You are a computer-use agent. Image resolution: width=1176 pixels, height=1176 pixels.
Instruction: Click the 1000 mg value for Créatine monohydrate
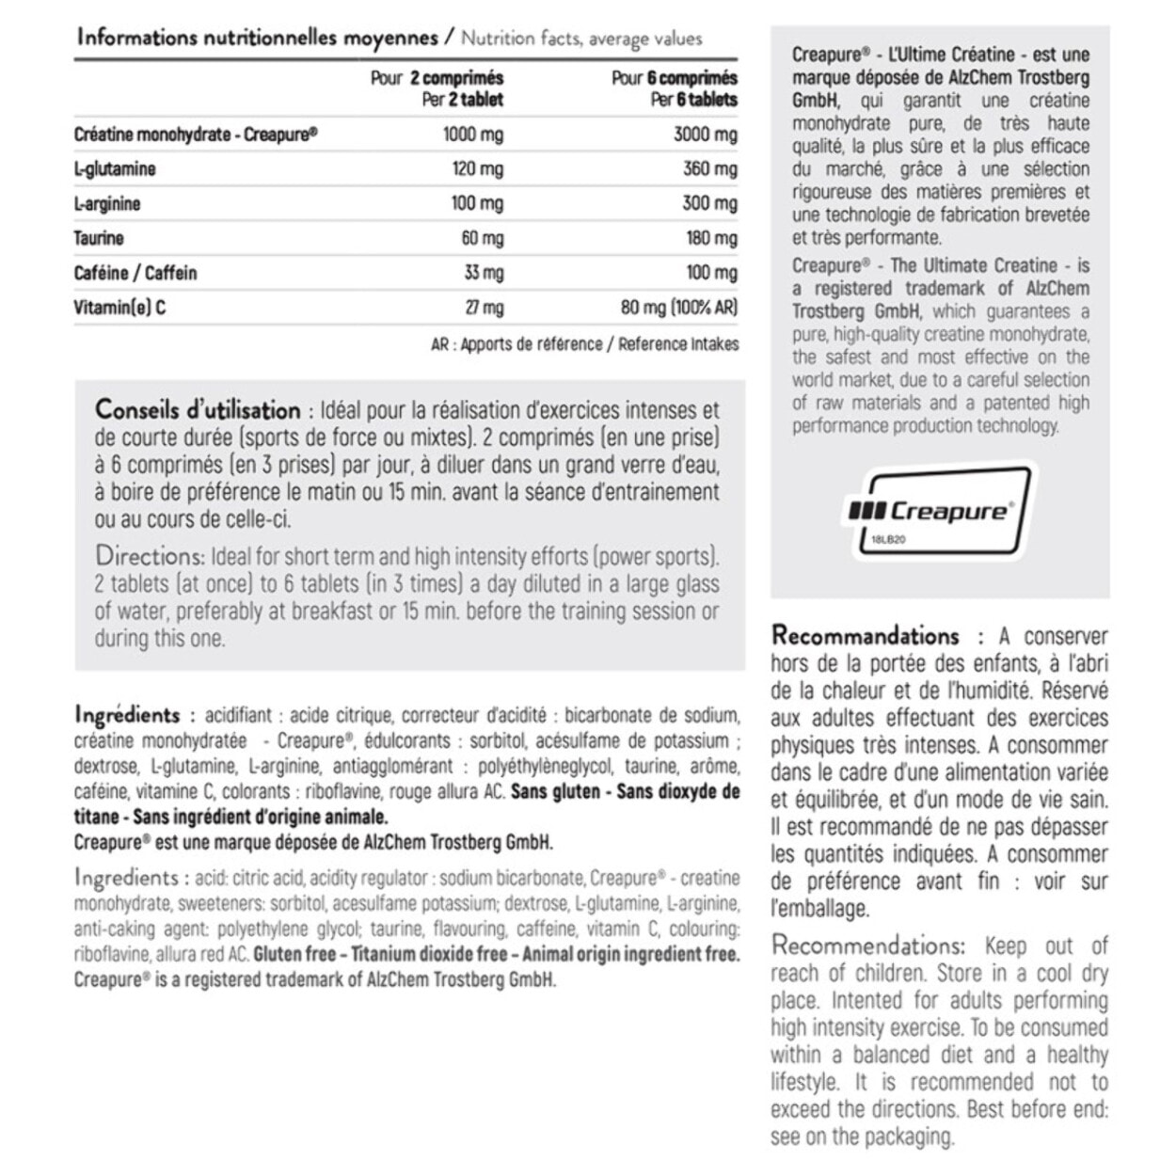pyautogui.click(x=472, y=135)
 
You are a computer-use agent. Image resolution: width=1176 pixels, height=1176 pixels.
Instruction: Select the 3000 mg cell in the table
pyautogui.click(x=705, y=135)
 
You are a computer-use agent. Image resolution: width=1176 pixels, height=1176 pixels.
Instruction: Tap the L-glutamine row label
pyautogui.click(x=115, y=169)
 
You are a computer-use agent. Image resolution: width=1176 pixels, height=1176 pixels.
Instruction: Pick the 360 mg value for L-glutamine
pyautogui.click(x=709, y=169)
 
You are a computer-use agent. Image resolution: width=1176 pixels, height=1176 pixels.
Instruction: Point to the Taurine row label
pyautogui.click(x=99, y=238)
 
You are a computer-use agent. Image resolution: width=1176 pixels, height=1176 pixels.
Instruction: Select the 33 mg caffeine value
pyautogui.click(x=484, y=273)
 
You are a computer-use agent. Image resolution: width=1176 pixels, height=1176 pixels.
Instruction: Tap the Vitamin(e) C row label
pyautogui.click(x=119, y=308)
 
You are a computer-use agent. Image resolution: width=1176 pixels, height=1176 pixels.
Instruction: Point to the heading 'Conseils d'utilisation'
pyautogui.click(x=198, y=411)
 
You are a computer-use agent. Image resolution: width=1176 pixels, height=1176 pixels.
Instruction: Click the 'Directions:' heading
pyautogui.click(x=150, y=555)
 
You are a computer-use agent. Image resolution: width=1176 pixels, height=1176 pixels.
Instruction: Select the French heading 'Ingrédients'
pyautogui.click(x=127, y=715)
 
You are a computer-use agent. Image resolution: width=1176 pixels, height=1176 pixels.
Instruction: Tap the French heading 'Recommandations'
pyautogui.click(x=865, y=636)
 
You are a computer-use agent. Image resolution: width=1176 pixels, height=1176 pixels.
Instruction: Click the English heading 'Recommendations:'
pyautogui.click(x=867, y=946)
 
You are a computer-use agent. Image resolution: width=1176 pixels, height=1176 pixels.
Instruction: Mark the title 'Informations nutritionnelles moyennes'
pyautogui.click(x=257, y=38)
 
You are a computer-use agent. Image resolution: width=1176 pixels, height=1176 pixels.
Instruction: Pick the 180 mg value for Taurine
pyautogui.click(x=711, y=238)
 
